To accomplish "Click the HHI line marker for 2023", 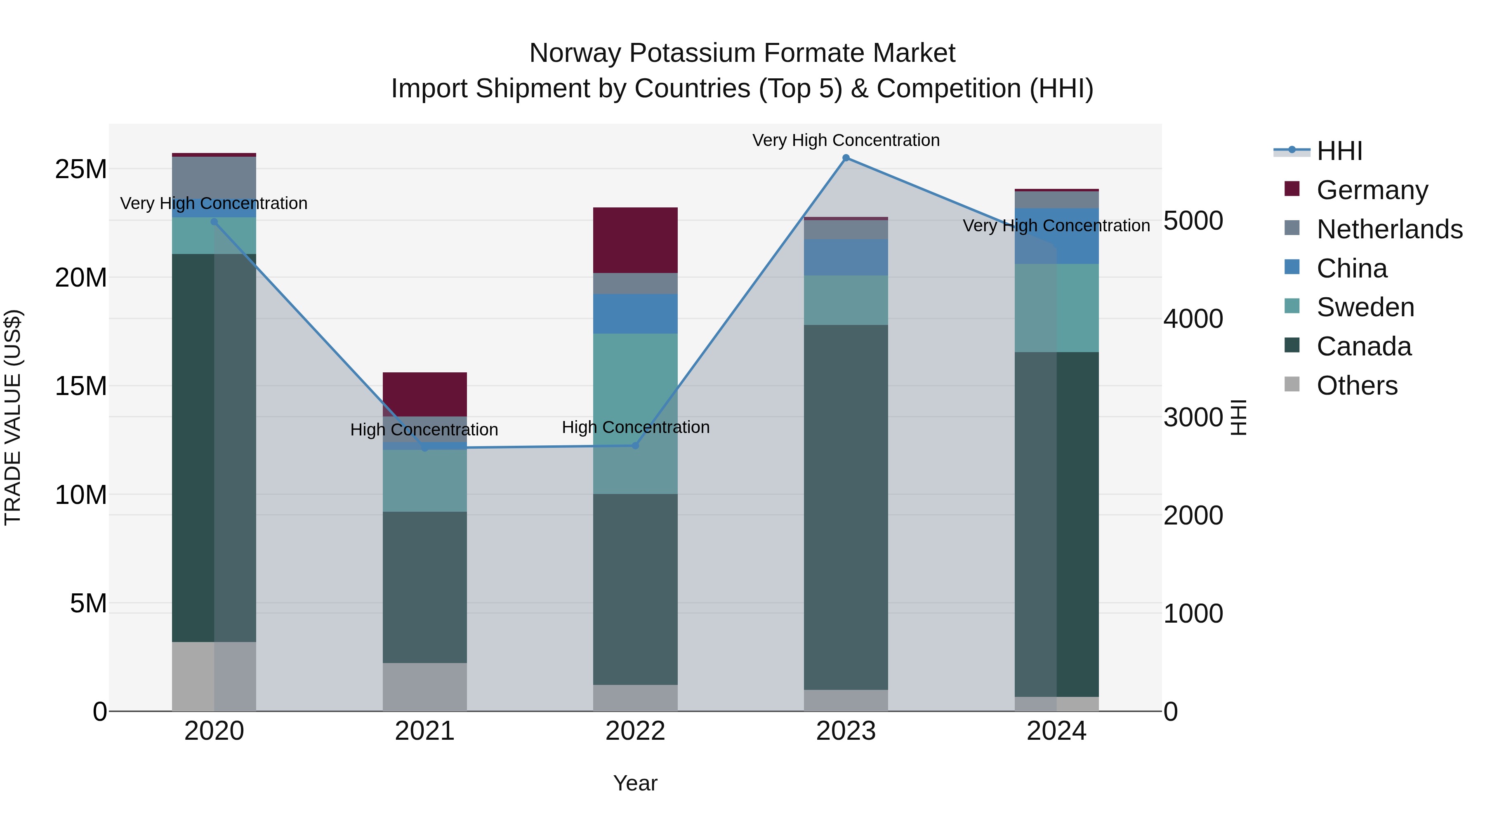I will [x=846, y=158].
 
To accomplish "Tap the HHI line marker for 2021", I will [x=425, y=448].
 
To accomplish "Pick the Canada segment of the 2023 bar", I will [x=846, y=507].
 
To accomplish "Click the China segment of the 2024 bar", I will [x=1057, y=236].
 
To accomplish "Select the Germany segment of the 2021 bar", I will [x=425, y=394].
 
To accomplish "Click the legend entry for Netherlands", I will [x=1389, y=229].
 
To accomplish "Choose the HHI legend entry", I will [x=1339, y=151].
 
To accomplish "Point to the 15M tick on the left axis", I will [x=81, y=386].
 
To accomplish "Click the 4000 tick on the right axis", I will [x=1193, y=319].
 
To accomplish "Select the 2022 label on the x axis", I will [x=635, y=731].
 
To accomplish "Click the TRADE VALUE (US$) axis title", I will [x=13, y=417].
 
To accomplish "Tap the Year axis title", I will [x=635, y=783].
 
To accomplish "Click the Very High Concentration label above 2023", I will [x=846, y=140].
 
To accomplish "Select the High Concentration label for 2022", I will [x=635, y=427].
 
